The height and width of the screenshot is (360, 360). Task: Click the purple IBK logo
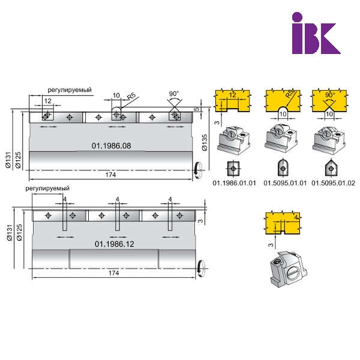coord(316,33)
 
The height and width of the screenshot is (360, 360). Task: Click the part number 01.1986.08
coord(112,146)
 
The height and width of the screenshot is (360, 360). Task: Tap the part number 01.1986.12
coord(115,244)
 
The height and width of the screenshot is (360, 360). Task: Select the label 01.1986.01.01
coord(234,183)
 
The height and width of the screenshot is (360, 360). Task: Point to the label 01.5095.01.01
coord(285,183)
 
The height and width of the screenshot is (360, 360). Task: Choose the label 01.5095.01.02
coord(334,183)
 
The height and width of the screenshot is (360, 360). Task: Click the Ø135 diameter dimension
coord(205,142)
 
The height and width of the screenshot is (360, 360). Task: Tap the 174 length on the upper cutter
coord(110,175)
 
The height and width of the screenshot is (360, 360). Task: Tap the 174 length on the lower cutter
coord(113,273)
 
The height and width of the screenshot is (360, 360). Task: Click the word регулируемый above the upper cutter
coord(70,90)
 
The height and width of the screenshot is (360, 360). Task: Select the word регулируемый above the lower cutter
coord(47,188)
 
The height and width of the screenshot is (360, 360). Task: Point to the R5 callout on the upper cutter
coord(131,96)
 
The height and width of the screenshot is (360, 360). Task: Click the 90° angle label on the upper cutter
coord(174,94)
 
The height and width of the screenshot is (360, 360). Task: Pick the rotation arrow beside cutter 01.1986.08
coord(197,170)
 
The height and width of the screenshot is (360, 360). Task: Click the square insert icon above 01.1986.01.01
coord(233,169)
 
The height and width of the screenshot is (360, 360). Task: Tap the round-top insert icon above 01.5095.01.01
coord(283,168)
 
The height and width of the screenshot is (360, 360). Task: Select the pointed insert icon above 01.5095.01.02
coord(331,168)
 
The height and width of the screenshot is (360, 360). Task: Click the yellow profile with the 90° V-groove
coord(329,100)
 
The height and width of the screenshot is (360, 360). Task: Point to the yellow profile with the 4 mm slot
coord(283,223)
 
